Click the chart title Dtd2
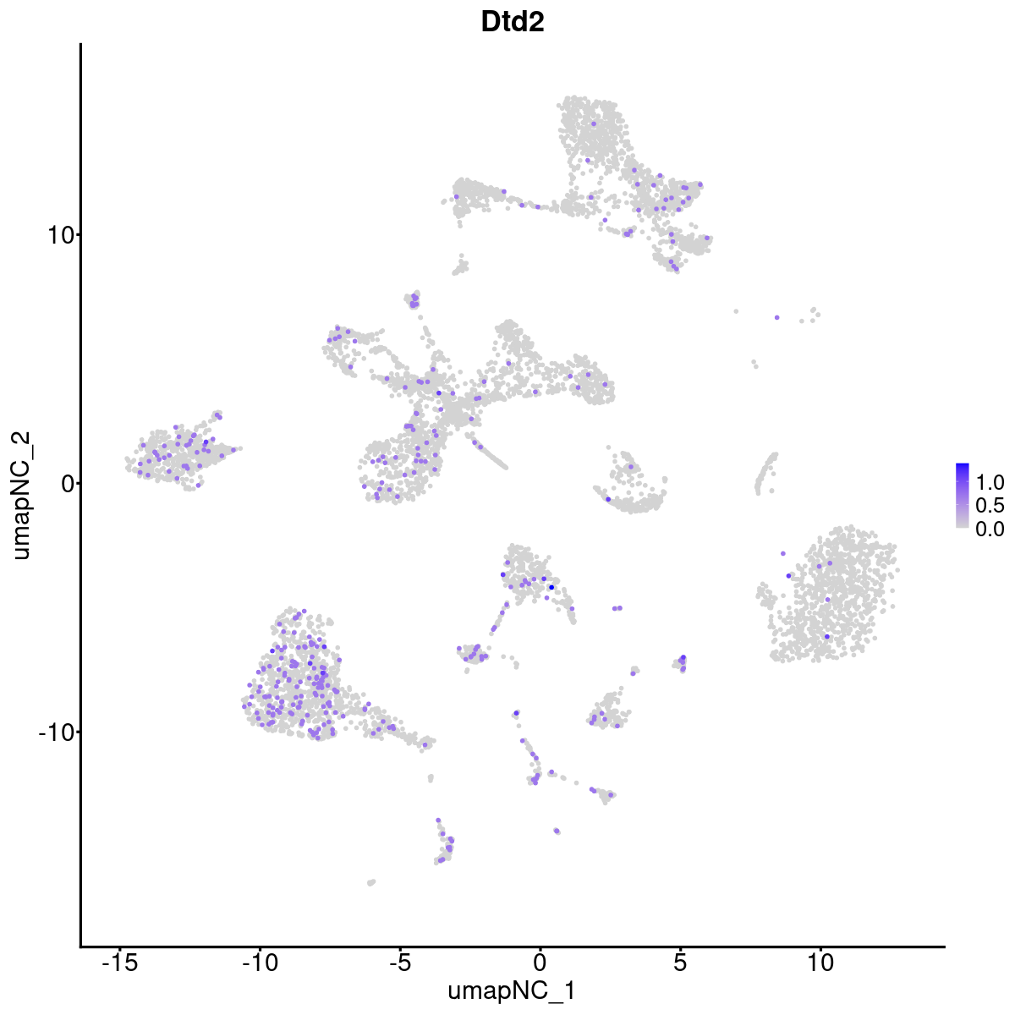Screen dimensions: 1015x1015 click(x=512, y=23)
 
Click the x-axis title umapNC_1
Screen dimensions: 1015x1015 click(x=512, y=990)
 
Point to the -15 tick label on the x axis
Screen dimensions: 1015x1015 click(x=119, y=962)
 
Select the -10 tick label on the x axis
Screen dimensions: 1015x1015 click(x=260, y=962)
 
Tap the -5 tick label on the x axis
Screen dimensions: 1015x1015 click(x=399, y=962)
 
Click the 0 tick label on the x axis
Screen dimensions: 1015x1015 click(x=540, y=962)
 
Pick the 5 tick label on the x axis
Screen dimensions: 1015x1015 click(x=680, y=962)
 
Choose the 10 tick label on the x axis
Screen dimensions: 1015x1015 click(x=820, y=962)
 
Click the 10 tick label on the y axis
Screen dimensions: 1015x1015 click(x=58, y=234)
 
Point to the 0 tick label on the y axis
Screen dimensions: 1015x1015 click(x=66, y=483)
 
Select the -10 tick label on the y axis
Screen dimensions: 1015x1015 click(x=54, y=732)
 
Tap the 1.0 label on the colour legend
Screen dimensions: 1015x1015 click(x=990, y=483)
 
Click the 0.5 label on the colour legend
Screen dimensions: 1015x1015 click(x=990, y=506)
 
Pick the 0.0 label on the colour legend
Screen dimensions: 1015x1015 click(x=990, y=529)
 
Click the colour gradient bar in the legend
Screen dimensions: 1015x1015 click(x=963, y=496)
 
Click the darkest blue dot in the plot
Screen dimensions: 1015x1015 click(x=551, y=587)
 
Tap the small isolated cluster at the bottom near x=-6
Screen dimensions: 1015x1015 click(x=370, y=882)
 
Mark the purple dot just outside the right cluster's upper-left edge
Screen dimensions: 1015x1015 click(x=782, y=553)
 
